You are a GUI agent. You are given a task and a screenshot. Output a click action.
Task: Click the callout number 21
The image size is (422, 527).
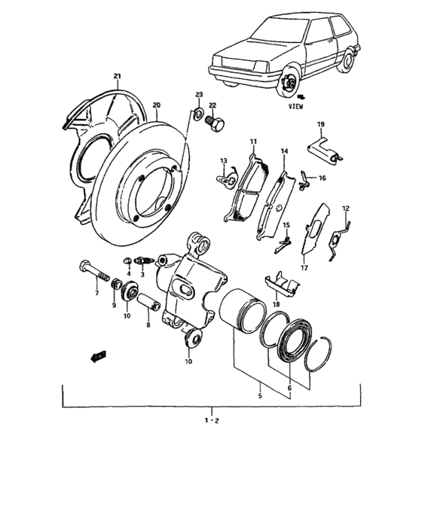[117, 77]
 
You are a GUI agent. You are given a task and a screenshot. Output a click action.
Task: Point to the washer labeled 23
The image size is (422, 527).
[198, 114]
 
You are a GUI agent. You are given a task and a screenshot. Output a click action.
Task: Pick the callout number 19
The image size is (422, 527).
[320, 124]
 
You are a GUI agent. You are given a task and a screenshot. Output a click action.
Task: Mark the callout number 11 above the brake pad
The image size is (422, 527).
[253, 142]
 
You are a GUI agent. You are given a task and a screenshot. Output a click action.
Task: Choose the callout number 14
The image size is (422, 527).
[284, 152]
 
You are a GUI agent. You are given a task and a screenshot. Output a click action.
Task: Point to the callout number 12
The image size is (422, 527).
[346, 209]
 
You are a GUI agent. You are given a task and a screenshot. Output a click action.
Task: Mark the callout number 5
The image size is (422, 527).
[261, 392]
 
